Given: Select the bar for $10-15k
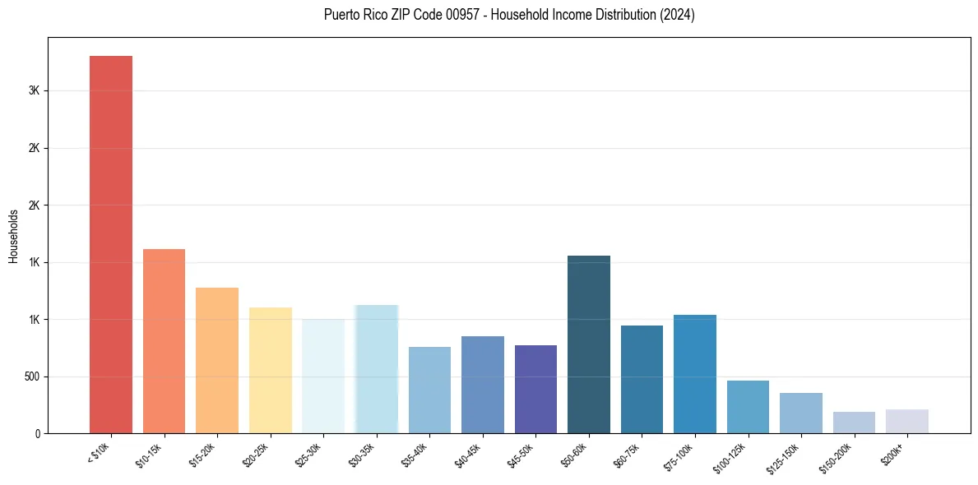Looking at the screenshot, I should click(x=164, y=341).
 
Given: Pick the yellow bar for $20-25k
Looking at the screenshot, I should click(x=270, y=370).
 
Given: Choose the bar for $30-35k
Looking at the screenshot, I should click(x=376, y=369).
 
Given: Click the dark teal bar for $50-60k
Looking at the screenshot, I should click(x=589, y=344).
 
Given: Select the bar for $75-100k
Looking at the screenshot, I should click(x=695, y=374).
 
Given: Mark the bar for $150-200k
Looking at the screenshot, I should click(x=854, y=423).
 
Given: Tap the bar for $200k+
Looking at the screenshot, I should click(x=907, y=421).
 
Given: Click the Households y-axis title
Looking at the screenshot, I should click(x=13, y=236).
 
